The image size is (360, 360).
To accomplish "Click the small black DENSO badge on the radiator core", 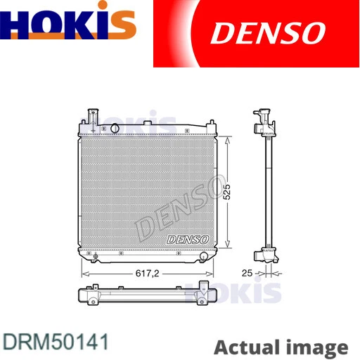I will tap(186, 240).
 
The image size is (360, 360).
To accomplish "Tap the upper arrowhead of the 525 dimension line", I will tap(227, 139).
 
